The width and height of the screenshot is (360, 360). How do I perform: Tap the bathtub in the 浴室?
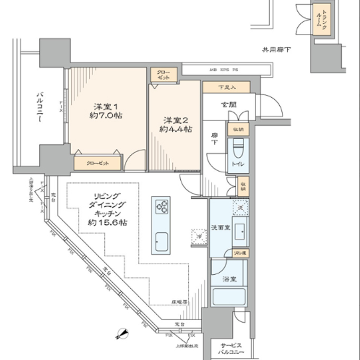click(x=229, y=297)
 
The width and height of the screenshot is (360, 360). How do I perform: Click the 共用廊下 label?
click(x=276, y=50)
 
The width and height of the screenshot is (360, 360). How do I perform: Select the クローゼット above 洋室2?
click(x=164, y=75)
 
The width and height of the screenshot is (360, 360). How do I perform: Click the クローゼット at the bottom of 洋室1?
click(x=98, y=163)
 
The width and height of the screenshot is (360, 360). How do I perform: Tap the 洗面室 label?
click(x=221, y=228)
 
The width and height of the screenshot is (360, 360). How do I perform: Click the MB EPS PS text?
click(x=225, y=69)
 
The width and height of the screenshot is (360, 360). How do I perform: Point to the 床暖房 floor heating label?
click(x=179, y=301)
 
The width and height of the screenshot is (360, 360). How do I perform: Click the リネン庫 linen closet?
click(x=240, y=253)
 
